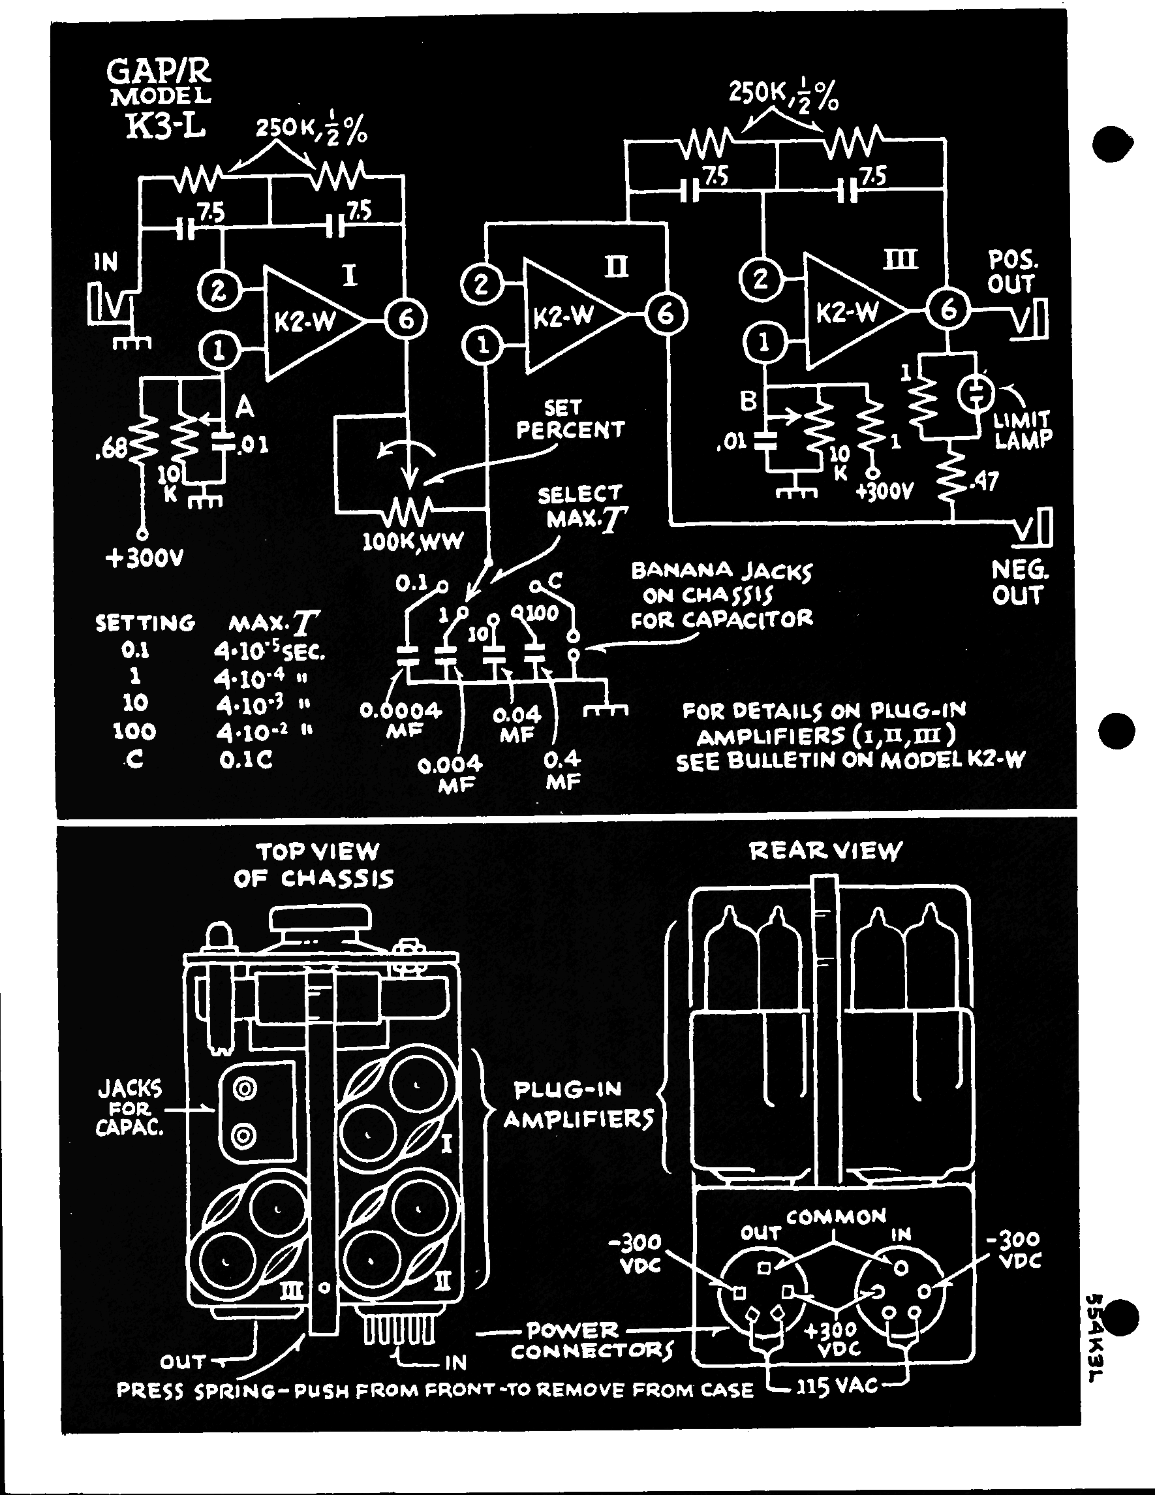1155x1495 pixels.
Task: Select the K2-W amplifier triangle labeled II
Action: coord(568,315)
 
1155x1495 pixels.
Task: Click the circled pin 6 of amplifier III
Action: coord(947,310)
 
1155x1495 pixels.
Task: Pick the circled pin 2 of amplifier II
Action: coord(482,283)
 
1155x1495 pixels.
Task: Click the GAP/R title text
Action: coord(159,71)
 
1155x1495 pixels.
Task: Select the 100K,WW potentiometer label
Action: coord(412,541)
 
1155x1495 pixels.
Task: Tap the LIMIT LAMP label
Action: coord(1023,429)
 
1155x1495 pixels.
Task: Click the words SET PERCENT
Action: coord(569,419)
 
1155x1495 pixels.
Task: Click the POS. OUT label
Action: coord(1012,271)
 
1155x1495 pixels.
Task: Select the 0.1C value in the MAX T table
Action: coord(245,760)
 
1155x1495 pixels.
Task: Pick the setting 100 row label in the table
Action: coord(134,731)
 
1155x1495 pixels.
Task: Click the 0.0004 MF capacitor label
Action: coord(402,720)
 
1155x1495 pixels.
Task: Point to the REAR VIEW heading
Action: coord(826,851)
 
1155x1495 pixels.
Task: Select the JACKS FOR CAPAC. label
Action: coord(130,1109)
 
